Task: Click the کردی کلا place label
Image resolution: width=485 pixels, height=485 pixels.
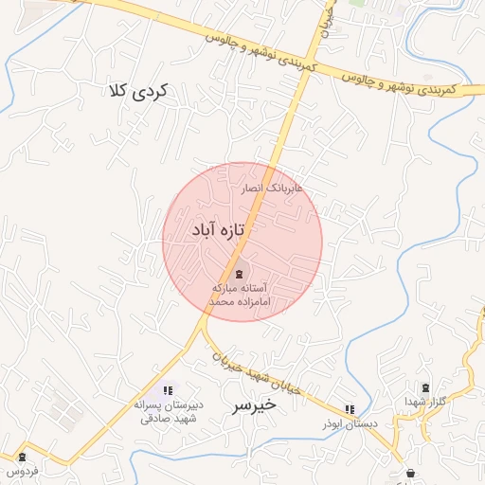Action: pos(139,91)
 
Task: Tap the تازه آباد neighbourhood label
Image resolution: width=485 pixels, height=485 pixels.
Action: pos(218,230)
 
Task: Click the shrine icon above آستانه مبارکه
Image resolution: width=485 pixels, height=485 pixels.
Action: pos(237,273)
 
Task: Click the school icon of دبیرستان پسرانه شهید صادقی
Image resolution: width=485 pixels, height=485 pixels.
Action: pos(168,390)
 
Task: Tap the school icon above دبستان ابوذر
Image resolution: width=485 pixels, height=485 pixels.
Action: pos(350,409)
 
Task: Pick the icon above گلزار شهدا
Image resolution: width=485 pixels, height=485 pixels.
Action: pos(424,387)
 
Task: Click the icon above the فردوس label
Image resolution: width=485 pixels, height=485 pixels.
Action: pos(22,456)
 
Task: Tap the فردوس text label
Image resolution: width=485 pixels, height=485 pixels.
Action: pos(22,470)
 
